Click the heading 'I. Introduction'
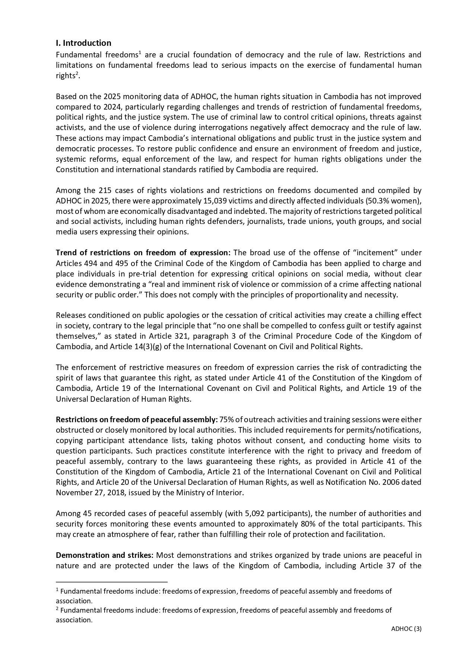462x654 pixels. click(83, 43)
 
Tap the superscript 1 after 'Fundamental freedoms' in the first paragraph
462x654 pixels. click(139, 53)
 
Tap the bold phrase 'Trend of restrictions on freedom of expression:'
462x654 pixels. click(143, 253)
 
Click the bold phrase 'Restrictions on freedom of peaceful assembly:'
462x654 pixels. click(137, 420)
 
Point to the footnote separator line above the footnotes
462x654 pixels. click(112, 581)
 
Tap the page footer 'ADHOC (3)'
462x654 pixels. click(406, 629)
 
